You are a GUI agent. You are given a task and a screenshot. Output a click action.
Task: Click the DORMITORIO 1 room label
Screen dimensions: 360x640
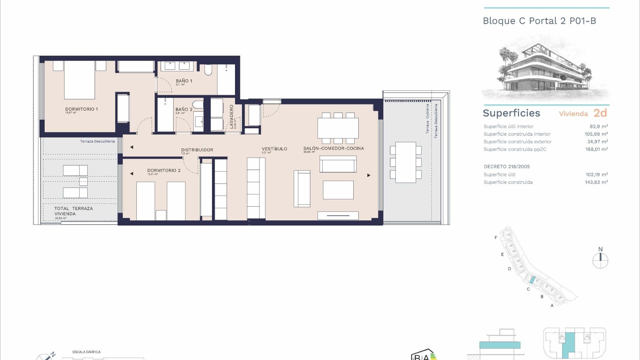81,109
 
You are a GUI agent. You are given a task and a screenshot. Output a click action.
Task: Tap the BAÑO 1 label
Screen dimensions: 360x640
184,81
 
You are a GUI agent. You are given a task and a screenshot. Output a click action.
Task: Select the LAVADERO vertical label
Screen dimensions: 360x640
232,117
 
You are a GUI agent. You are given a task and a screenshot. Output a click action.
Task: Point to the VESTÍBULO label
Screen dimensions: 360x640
274,149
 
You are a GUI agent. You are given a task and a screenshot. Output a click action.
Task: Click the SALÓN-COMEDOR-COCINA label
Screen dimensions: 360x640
333,148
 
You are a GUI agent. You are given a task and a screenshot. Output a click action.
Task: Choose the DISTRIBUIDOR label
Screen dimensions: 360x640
197,150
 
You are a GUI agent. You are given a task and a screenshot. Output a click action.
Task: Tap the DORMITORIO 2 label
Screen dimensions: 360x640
164,170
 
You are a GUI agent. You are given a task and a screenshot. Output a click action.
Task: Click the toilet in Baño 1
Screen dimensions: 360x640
208,70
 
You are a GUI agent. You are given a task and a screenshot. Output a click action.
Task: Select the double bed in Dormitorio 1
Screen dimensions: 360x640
80,80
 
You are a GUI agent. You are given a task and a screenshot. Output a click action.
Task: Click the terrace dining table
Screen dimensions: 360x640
406,162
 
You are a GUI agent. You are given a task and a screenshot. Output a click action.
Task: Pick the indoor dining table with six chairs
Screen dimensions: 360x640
338,128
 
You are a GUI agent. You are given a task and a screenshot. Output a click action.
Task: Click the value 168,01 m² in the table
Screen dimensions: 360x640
596,149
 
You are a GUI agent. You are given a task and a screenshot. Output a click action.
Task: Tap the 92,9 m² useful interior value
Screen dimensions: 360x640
599,126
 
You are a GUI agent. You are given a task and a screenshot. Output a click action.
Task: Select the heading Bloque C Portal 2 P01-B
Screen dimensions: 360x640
539,21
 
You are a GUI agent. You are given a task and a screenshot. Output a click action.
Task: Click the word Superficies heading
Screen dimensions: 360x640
511,113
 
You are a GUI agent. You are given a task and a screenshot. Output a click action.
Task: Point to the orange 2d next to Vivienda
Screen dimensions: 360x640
600,113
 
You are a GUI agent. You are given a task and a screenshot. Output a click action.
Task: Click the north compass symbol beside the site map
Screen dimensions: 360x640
600,260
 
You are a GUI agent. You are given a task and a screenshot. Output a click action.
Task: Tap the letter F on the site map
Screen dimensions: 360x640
496,238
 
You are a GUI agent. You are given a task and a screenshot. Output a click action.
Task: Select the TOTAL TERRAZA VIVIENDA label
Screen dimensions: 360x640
73,211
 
